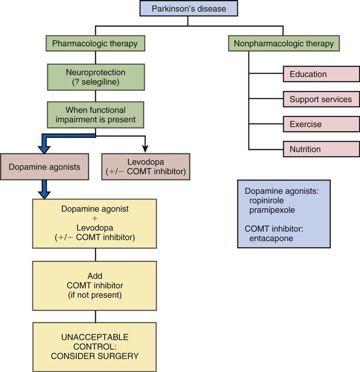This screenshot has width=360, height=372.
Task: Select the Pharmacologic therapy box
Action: coord(94,43)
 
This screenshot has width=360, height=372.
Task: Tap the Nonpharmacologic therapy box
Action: coord(284,43)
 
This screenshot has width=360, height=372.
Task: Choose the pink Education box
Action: coord(321,74)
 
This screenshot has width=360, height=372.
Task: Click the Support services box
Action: coord(321,99)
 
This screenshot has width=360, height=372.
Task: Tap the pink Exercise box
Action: coord(321,124)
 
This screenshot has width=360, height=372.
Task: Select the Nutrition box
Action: coord(321,149)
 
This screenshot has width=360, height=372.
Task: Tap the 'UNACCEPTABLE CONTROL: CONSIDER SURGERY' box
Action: coord(94,346)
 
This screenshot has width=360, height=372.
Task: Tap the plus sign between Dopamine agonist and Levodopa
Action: coord(94,218)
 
